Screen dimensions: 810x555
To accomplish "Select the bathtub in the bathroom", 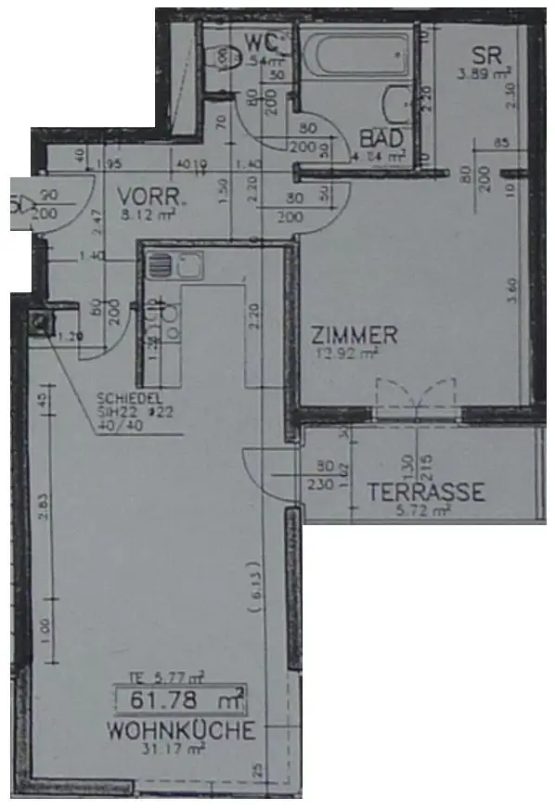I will [357, 58].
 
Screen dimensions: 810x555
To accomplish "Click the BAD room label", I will [381, 138].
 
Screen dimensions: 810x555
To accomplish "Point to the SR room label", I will [485, 53].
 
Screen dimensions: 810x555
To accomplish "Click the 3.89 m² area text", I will [485, 71].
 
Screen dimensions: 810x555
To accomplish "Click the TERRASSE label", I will [424, 492].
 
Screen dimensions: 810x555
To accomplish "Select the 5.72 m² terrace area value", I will [424, 510].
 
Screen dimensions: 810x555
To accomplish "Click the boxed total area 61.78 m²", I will [179, 697].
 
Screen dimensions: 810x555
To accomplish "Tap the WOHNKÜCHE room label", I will [180, 731].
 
